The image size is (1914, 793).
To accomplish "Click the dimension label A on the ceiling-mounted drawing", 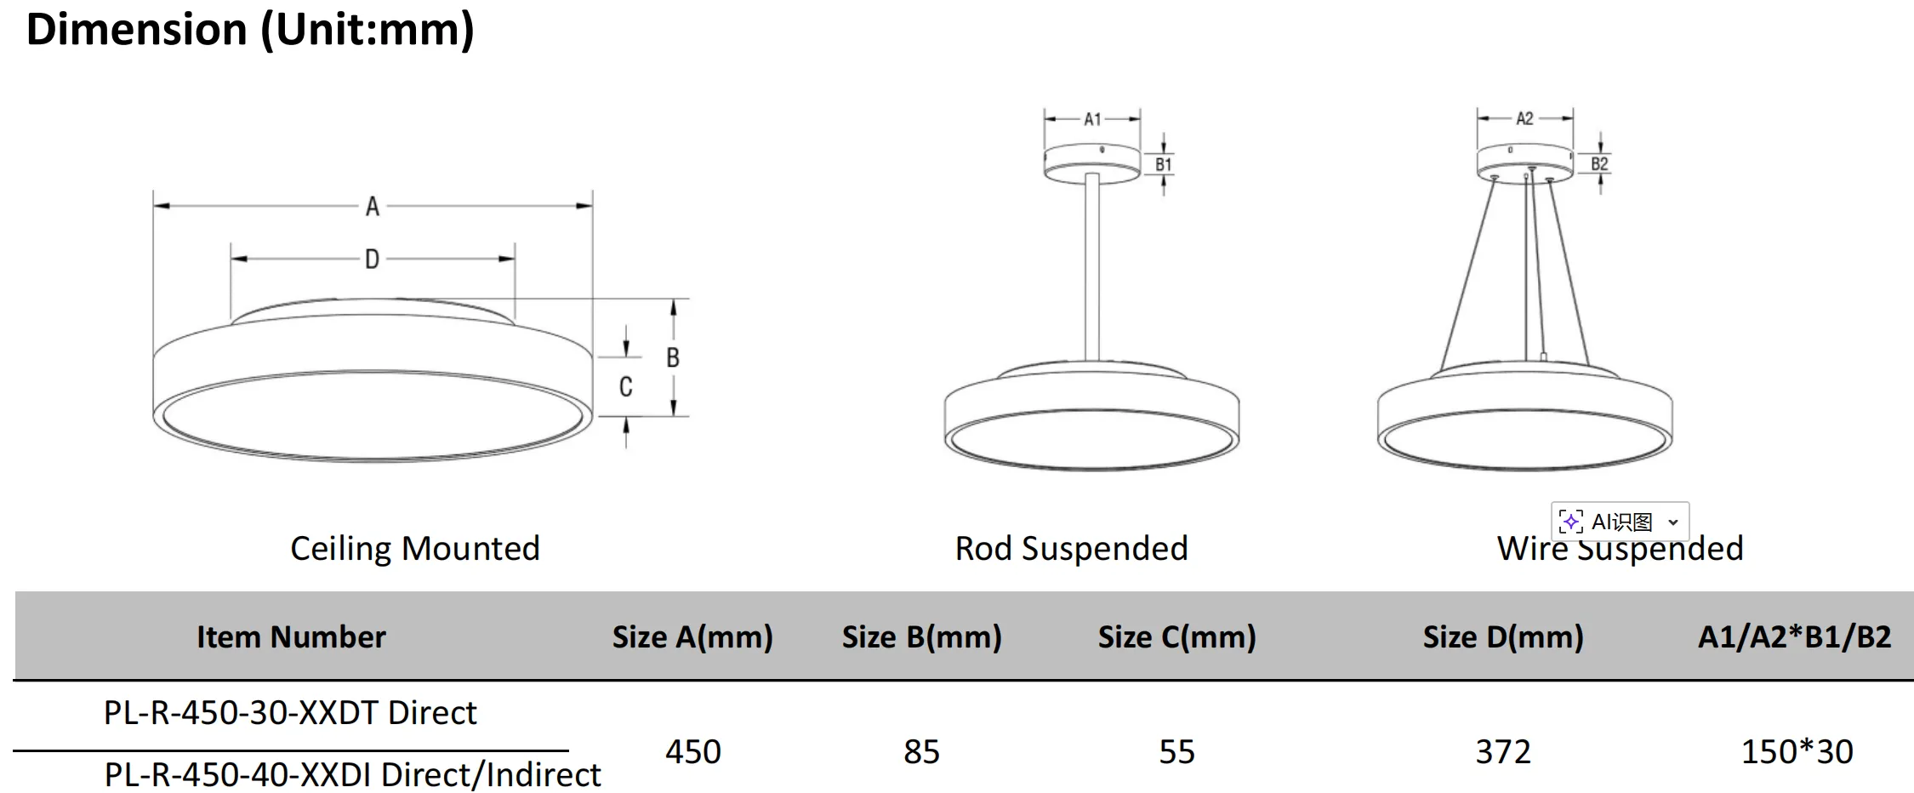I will pyautogui.click(x=373, y=207).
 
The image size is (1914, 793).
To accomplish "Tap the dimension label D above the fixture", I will pyautogui.click(x=373, y=260).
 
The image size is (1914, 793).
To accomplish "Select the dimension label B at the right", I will pyautogui.click(x=673, y=358).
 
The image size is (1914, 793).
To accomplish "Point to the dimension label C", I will pyautogui.click(x=625, y=387).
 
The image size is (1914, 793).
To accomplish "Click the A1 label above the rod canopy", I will pyautogui.click(x=1092, y=120).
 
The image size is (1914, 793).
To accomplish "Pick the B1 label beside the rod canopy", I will pyautogui.click(x=1163, y=165).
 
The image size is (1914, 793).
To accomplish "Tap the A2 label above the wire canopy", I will pyautogui.click(x=1524, y=119).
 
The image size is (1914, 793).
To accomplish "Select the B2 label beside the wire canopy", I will pyautogui.click(x=1599, y=164).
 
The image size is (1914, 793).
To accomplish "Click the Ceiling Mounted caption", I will pyautogui.click(x=415, y=549).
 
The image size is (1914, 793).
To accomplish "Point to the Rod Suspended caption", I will pyautogui.click(x=1071, y=549).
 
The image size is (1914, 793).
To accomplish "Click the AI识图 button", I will pyautogui.click(x=1620, y=522).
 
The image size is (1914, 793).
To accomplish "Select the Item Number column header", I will pyautogui.click(x=291, y=637).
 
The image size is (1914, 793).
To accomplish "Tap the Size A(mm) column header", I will pyautogui.click(x=692, y=637).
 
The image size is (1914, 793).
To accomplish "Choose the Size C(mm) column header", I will pyautogui.click(x=1176, y=637).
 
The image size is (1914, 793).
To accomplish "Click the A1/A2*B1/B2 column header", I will pyautogui.click(x=1794, y=637).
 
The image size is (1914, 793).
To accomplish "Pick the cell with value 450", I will pyautogui.click(x=693, y=752).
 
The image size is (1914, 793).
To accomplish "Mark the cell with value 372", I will pyautogui.click(x=1503, y=752).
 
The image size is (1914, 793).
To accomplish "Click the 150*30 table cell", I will pyautogui.click(x=1797, y=752).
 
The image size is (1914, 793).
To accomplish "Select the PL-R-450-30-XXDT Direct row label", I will pyautogui.click(x=290, y=713).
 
